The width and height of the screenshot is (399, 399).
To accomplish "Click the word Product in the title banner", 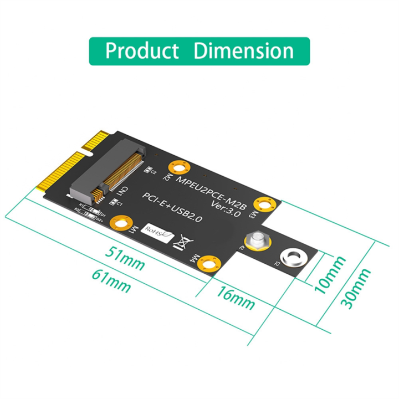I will click(x=142, y=51).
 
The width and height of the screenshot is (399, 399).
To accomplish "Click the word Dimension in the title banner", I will click(x=244, y=51).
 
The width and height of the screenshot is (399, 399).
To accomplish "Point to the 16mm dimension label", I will click(x=236, y=299).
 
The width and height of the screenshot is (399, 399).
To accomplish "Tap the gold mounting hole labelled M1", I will click(x=119, y=223).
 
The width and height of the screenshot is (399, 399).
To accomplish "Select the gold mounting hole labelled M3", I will click(x=264, y=203).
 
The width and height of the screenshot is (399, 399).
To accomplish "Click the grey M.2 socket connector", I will click(x=109, y=167).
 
